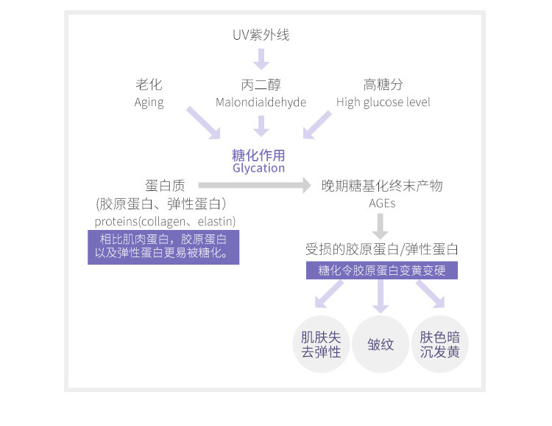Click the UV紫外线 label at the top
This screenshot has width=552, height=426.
(x=257, y=35)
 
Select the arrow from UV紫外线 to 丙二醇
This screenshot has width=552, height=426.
(x=261, y=58)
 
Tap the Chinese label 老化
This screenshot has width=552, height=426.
(x=149, y=85)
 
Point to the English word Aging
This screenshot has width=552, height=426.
(x=149, y=102)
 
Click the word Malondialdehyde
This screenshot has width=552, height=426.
(x=261, y=102)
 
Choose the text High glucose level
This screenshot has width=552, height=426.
(x=383, y=102)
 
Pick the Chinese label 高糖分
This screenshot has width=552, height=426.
(x=383, y=85)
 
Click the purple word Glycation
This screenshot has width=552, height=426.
(x=258, y=168)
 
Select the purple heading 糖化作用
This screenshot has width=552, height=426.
(x=258, y=155)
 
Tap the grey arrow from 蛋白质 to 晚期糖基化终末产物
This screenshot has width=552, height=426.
(x=255, y=185)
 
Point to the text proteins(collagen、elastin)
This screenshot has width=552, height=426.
(x=165, y=221)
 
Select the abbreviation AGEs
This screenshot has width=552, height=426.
(x=382, y=203)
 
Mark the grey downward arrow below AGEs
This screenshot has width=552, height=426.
(x=381, y=226)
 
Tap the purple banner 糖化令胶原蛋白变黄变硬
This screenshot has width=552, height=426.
(x=381, y=270)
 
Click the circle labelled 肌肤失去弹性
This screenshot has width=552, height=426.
(x=322, y=344)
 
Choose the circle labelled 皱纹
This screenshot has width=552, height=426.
(x=381, y=344)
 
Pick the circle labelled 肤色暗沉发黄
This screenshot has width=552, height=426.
(x=439, y=344)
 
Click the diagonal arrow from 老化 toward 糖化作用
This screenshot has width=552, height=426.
(x=203, y=122)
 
